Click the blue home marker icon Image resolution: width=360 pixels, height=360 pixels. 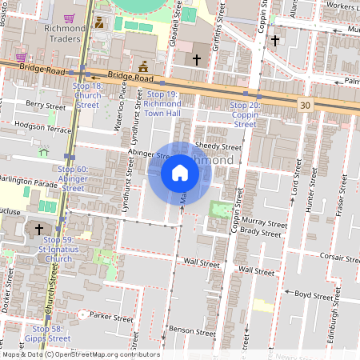pyautogui.click(x=179, y=173)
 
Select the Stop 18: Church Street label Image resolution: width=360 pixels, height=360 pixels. pyautogui.click(x=87, y=95)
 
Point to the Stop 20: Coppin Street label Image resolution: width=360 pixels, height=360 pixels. pyautogui.click(x=244, y=114)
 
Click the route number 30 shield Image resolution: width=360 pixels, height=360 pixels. pyautogui.click(x=306, y=105)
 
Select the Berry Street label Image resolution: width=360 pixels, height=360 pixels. pyautogui.click(x=45, y=105)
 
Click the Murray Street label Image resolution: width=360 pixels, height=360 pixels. pyautogui.click(x=264, y=224)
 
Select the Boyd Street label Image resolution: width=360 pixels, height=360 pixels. pyautogui.click(x=313, y=294)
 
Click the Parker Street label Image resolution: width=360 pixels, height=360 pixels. pyautogui.click(x=111, y=318)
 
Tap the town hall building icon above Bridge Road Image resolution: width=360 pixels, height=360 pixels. pyautogui.click(x=143, y=66)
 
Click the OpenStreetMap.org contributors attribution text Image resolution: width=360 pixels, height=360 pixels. pyautogui.click(x=107, y=354)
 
